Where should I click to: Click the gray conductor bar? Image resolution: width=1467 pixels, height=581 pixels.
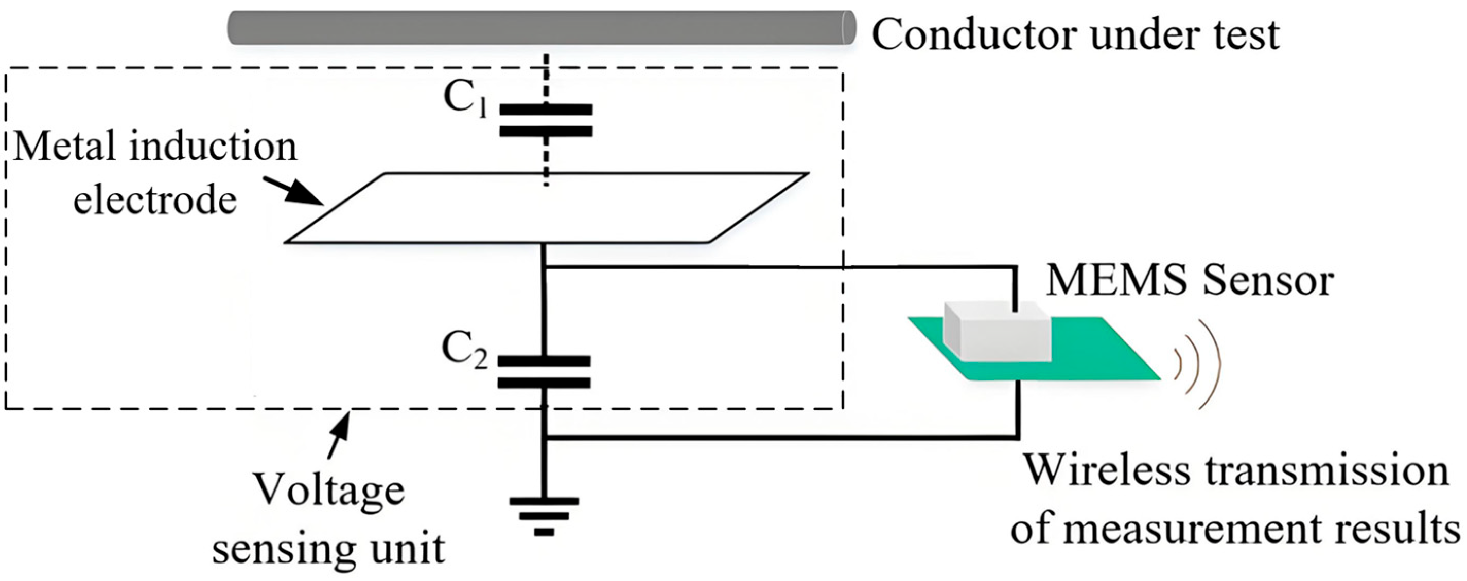click(x=541, y=27)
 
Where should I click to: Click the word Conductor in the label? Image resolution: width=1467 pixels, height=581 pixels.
click(x=974, y=35)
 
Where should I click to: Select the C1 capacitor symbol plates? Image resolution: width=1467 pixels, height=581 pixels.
click(x=546, y=121)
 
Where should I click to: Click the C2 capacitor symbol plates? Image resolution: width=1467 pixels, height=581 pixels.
click(x=544, y=372)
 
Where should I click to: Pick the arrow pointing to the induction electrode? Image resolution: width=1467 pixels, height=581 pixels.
click(x=293, y=191)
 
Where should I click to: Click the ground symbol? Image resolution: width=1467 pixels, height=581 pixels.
click(x=544, y=516)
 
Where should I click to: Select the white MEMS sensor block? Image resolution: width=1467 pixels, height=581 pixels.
click(x=997, y=332)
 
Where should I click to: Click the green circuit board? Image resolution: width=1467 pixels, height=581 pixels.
click(x=1082, y=358)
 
